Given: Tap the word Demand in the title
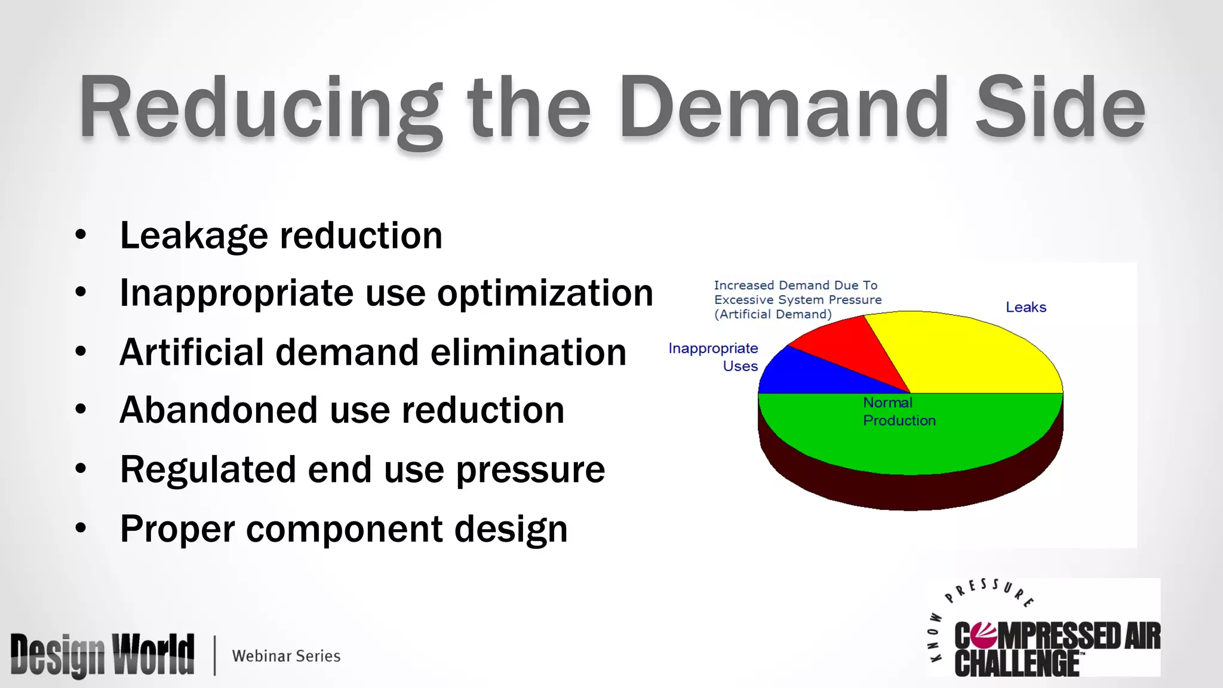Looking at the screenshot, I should [782, 107].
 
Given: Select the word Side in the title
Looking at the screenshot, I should [1060, 107].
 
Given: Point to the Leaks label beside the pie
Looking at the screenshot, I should [1026, 308].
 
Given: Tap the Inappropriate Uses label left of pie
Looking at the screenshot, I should [713, 357].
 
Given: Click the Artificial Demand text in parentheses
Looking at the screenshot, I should [773, 315].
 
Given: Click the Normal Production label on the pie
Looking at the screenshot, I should [899, 411].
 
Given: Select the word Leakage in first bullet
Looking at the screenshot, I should [194, 235].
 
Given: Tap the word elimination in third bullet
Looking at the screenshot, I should [528, 352].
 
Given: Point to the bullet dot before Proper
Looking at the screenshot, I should [81, 528].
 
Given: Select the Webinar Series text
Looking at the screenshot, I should [286, 656].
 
